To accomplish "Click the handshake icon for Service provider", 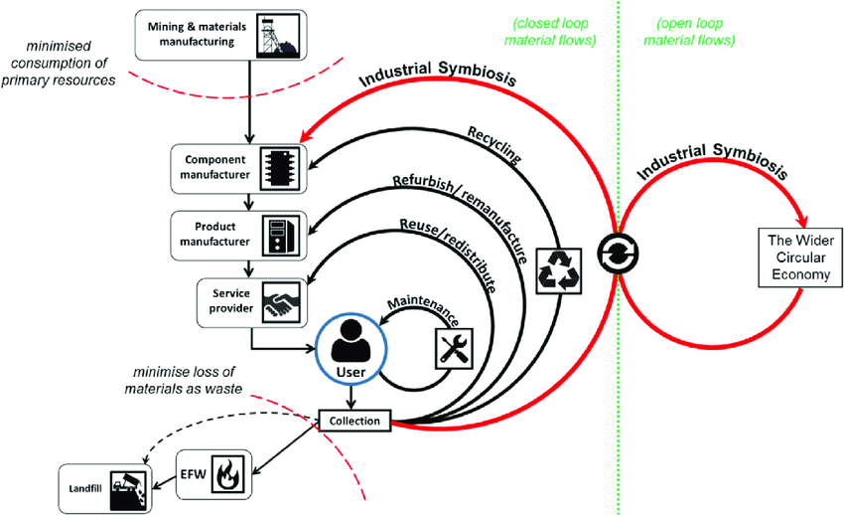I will [x=280, y=302].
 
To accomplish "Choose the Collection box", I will [x=354, y=421].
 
